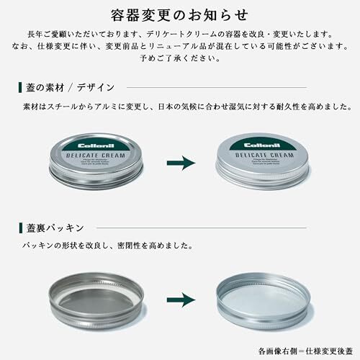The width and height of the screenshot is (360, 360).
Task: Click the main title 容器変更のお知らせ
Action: coord(180,14)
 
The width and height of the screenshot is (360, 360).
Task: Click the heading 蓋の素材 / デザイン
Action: coord(67,88)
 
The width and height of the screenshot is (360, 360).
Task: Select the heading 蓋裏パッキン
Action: coord(53,228)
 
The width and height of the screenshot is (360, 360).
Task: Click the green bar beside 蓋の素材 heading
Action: coord(19,88)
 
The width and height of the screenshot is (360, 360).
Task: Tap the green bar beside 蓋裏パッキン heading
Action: coord(19,228)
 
